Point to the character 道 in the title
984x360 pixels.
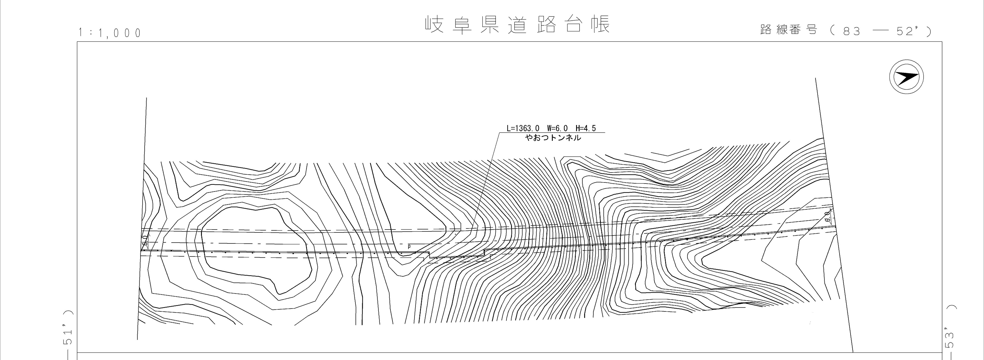pyautogui.click(x=518, y=25)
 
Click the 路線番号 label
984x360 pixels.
pyautogui.click(x=789, y=30)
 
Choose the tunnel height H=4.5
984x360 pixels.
pyautogui.click(x=586, y=128)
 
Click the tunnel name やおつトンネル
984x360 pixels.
pyautogui.click(x=553, y=138)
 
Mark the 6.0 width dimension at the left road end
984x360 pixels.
pyautogui.click(x=145, y=241)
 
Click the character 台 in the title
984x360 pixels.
pyautogui.click(x=573, y=25)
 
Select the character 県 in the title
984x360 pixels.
pyautogui.click(x=489, y=25)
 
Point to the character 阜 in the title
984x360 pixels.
pyautogui.click(x=462, y=25)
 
